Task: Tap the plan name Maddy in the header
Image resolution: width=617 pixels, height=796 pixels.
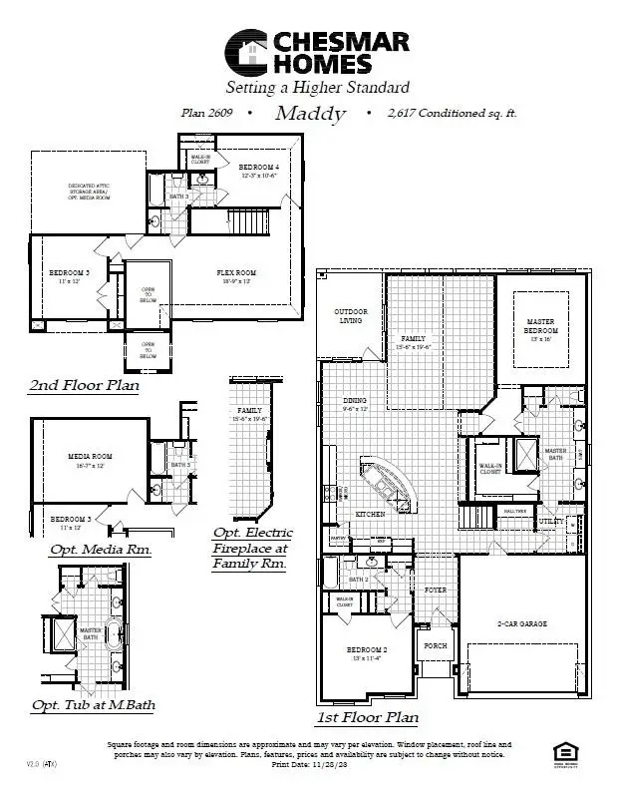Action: tap(310, 114)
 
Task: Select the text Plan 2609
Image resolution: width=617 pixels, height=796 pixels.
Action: tap(206, 114)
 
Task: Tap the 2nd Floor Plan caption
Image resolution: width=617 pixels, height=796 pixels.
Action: tap(85, 385)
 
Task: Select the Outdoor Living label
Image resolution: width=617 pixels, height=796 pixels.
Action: tap(350, 316)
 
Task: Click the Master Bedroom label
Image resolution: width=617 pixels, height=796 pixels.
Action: tap(541, 326)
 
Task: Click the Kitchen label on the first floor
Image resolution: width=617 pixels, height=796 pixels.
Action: tap(370, 514)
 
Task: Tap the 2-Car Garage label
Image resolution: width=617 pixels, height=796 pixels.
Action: tap(522, 623)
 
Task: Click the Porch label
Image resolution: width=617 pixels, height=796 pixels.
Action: tap(435, 645)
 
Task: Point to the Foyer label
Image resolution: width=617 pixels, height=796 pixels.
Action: tap(435, 590)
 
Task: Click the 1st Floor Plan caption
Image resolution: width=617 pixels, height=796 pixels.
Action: tap(367, 717)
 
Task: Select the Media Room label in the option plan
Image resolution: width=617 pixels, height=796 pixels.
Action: tap(90, 459)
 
